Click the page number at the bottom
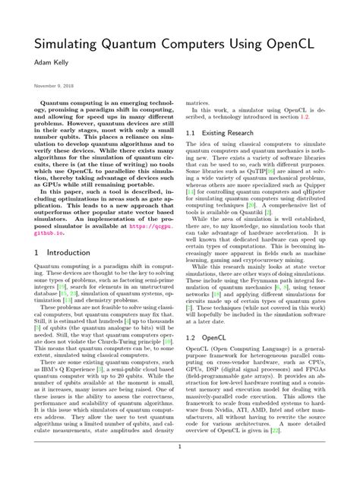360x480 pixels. (x=180, y=468)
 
